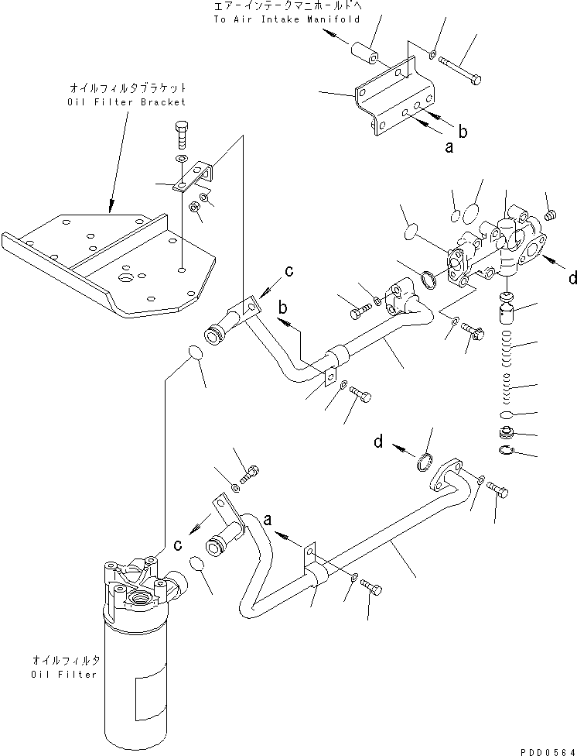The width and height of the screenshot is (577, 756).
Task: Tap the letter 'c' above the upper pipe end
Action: click(289, 270)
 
